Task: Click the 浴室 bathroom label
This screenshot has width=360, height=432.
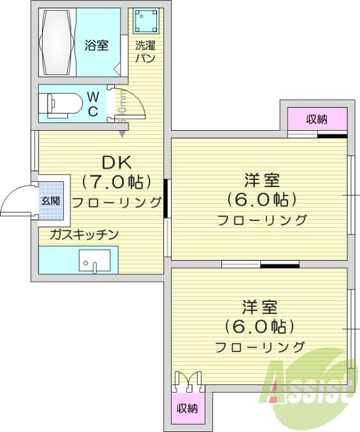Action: click(x=96, y=45)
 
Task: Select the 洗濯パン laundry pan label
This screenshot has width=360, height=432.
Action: click(x=145, y=51)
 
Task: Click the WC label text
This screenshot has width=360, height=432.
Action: click(x=93, y=104)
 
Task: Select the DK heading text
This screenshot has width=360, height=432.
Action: click(x=117, y=162)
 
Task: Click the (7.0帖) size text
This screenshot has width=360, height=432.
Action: click(x=116, y=182)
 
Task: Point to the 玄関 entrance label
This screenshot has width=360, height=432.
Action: click(x=51, y=201)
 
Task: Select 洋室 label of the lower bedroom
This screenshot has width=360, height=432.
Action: click(x=260, y=307)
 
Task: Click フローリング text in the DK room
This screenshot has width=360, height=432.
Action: click(x=117, y=202)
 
